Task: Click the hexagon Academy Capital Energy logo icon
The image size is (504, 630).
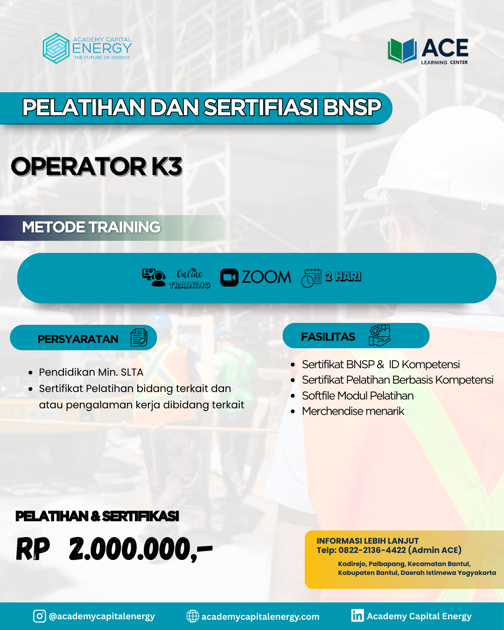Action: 56,49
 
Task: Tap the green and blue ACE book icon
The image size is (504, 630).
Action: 402,51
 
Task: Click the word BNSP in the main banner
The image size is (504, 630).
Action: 352,107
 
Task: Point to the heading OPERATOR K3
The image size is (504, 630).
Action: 96,167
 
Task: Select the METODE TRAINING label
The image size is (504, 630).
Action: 91,227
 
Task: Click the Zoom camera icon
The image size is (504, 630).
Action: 229,277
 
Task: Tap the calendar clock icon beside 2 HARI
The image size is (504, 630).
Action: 311,278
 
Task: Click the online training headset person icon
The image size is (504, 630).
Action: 154,277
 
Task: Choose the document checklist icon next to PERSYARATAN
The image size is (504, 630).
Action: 139,337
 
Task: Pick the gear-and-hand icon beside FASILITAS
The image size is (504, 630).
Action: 379,336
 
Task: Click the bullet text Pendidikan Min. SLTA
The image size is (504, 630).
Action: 91,372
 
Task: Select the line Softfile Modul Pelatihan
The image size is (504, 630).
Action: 357,396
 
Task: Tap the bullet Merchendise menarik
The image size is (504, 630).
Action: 353,411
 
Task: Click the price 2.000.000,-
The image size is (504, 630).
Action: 140,549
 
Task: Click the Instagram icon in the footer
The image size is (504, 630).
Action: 40,616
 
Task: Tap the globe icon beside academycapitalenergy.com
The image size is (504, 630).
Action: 193,616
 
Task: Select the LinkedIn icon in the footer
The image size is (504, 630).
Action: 357,616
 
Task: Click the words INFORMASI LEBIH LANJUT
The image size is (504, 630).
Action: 368,541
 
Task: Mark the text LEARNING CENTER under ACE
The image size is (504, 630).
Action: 444,63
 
